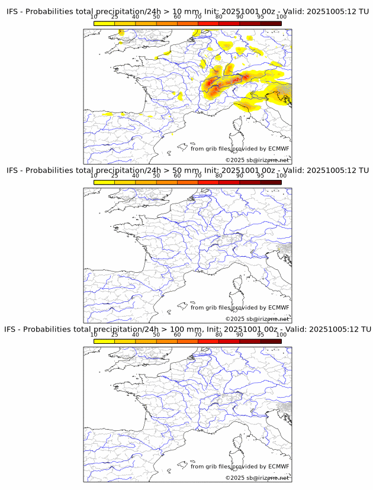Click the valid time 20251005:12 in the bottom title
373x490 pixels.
point(333,329)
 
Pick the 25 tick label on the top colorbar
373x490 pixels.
point(115,17)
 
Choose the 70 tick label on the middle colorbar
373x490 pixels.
point(198,175)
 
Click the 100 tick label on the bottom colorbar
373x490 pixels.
point(281,334)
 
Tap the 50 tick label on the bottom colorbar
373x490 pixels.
point(156,334)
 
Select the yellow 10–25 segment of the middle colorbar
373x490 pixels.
point(104,182)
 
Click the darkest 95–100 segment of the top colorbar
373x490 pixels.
point(271,22)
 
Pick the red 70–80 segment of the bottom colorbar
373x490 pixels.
point(208,341)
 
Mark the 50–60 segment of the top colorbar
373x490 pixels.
point(166,22)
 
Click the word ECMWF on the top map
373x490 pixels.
point(278,149)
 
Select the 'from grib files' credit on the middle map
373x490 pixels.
point(210,308)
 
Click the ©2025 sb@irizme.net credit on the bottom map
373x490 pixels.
point(257,478)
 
